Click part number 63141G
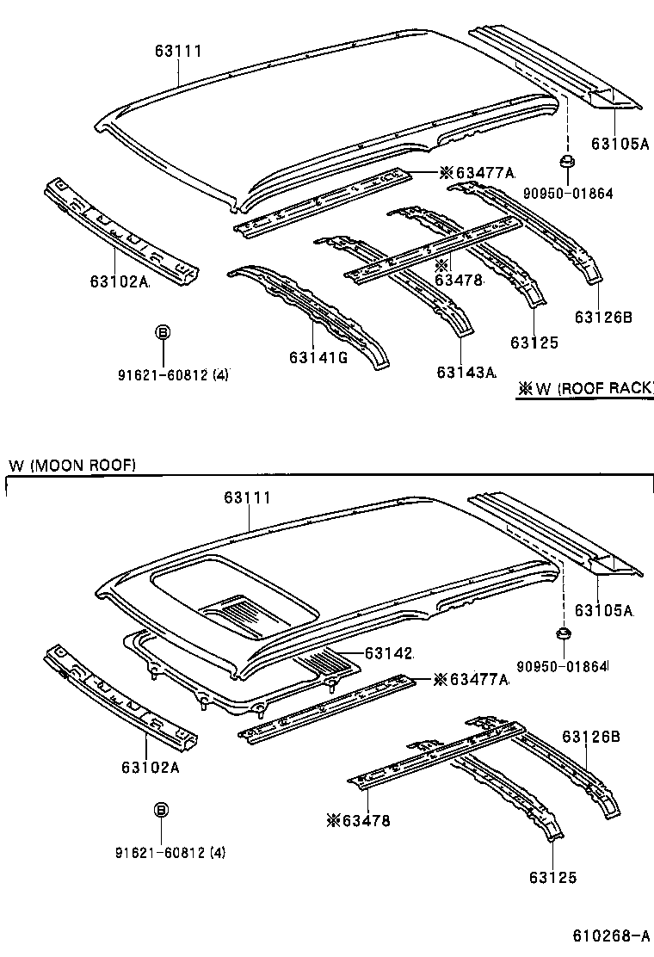point(318,358)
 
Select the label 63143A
point(466,372)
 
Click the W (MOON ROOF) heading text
point(72,465)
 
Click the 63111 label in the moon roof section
point(248,498)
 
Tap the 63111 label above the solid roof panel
point(178,52)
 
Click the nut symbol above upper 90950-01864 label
point(566,162)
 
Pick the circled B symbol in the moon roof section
point(161,809)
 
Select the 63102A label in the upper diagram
point(119,281)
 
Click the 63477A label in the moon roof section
point(471,680)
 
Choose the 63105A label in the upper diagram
point(619,144)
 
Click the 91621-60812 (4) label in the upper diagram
point(173,374)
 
